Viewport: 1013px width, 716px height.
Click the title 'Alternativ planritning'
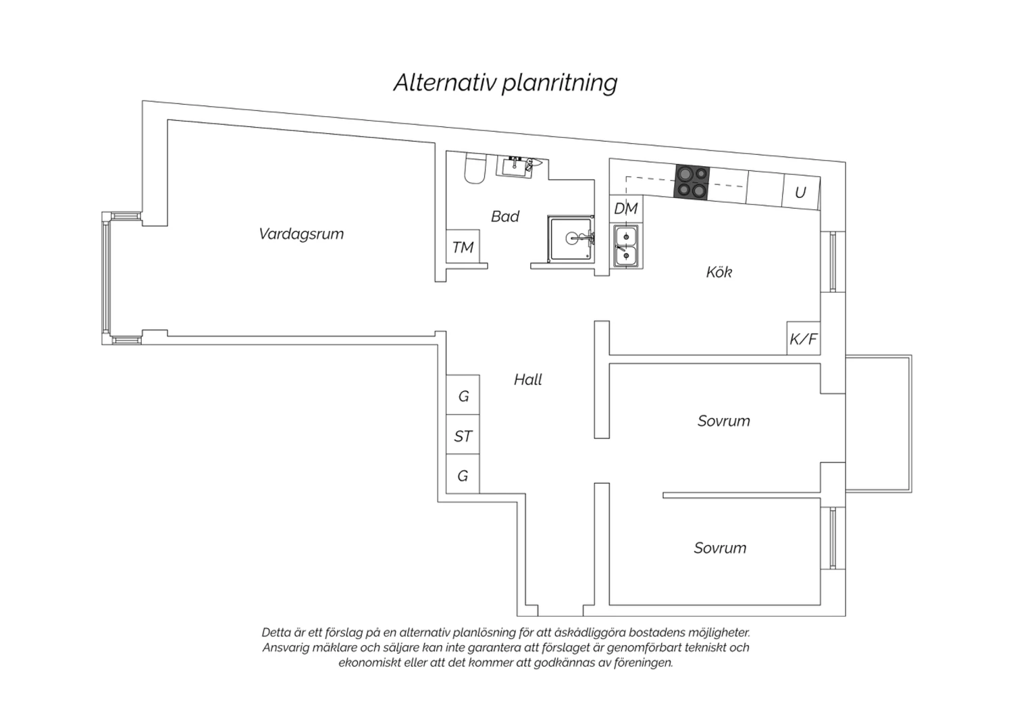click(505, 83)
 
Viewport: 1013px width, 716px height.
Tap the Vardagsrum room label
click(301, 234)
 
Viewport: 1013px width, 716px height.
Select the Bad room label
click(504, 216)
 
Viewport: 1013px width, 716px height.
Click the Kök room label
click(719, 272)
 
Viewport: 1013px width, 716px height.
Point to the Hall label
click(527, 380)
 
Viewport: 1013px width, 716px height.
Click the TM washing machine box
click(463, 247)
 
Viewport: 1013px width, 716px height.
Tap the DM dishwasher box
click(626, 209)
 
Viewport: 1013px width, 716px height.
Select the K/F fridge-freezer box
click(804, 338)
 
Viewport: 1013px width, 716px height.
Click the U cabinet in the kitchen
click(801, 193)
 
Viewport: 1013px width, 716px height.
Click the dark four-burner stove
click(692, 182)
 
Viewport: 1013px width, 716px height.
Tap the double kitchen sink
click(626, 247)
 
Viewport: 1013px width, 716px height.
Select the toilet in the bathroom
click(474, 168)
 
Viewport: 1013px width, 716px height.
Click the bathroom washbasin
click(515, 166)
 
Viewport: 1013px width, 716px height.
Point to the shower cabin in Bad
click(571, 238)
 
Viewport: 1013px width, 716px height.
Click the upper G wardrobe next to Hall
click(463, 395)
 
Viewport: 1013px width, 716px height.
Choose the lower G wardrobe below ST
click(463, 474)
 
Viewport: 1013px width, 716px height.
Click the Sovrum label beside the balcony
click(723, 421)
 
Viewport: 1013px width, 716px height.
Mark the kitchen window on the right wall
click(833, 261)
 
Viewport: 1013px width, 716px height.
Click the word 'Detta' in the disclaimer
click(277, 632)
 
